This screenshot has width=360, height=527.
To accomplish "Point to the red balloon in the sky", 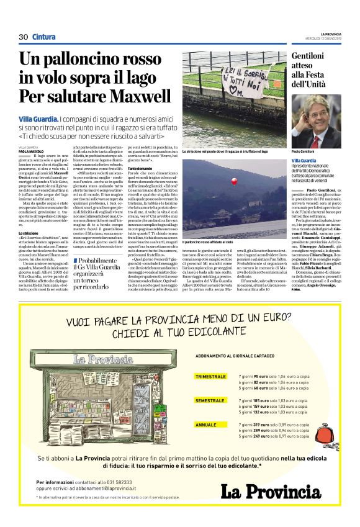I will [233, 181].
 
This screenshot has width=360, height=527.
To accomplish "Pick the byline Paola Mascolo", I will [31, 151].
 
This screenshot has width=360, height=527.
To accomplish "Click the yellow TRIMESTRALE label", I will [210, 377].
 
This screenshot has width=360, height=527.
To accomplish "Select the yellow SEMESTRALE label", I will [210, 400].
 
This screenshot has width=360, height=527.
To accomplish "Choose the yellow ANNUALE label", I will [206, 425].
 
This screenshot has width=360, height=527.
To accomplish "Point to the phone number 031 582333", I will [118, 482].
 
